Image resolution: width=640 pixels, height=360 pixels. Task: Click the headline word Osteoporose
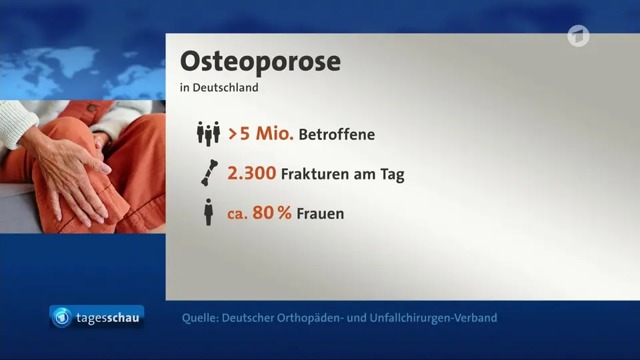pos(261,62)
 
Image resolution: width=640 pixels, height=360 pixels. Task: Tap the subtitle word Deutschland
pos(225,88)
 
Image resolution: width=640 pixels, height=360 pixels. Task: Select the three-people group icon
pos(208,133)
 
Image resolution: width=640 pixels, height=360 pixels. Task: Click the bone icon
pos(210,173)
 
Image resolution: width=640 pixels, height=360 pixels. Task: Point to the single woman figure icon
pos(209,212)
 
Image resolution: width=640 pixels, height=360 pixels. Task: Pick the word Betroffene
pos(337,135)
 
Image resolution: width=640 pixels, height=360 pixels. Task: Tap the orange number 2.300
pos(251,173)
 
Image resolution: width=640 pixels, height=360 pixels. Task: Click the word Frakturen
pos(315,174)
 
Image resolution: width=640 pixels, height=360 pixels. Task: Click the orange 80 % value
pos(272,213)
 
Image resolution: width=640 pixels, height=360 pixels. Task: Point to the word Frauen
pos(321,214)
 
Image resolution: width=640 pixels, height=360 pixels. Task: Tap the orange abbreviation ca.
pos(237,214)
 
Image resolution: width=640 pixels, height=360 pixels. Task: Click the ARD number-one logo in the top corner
pos(579,36)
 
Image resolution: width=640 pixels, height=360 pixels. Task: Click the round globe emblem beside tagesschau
pos(62,317)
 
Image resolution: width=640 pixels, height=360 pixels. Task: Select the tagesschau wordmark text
pos(108,318)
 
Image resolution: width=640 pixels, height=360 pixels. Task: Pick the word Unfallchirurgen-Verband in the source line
pos(433,318)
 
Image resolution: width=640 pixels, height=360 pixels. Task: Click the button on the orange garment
pos(93,108)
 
